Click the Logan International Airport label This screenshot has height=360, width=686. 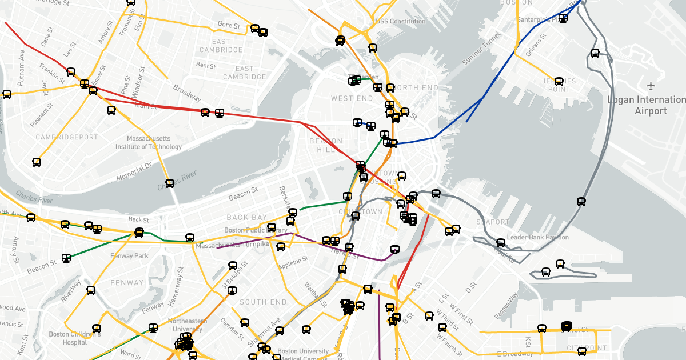tap(645, 105)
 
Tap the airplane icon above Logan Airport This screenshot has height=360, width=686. tap(651, 86)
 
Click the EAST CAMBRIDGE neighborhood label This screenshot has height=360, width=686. tap(221, 46)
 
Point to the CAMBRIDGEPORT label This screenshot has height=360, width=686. tap(66, 138)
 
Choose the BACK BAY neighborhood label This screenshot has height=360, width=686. tap(246, 217)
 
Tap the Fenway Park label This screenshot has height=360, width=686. tap(130, 255)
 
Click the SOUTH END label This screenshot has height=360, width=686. tap(263, 302)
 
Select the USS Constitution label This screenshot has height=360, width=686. tap(400, 22)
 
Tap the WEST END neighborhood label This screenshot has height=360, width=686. tap(352, 98)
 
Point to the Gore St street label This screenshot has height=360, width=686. tap(229, 25)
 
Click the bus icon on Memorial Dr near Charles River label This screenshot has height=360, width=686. tap(170, 183)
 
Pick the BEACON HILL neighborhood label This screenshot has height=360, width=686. tap(326, 145)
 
